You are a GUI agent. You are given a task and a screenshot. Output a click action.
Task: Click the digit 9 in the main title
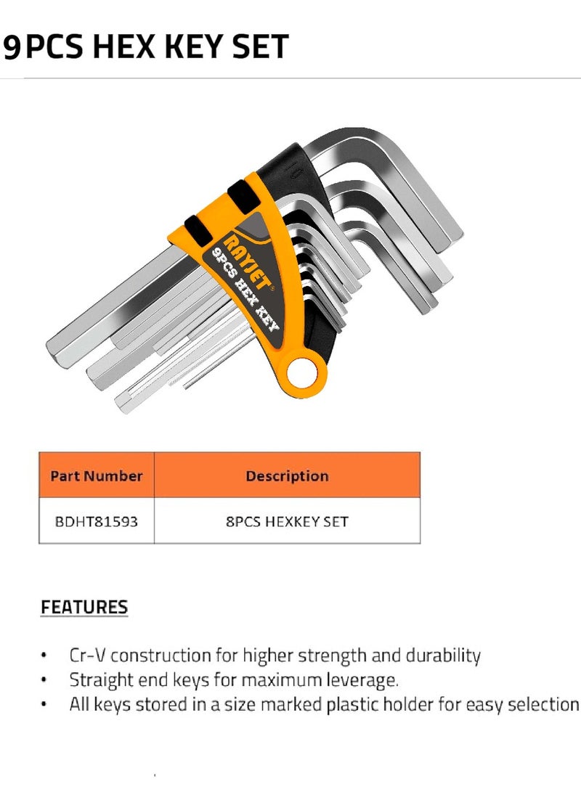[x=12, y=47]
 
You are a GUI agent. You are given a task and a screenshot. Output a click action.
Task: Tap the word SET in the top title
[x=259, y=47]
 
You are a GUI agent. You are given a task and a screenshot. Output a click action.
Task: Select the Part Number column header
[x=96, y=476]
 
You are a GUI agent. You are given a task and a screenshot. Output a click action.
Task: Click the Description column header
[x=287, y=476]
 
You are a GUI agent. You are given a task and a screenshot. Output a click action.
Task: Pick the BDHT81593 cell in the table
[x=96, y=521]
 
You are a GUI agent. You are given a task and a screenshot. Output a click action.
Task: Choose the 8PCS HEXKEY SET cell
[x=287, y=521]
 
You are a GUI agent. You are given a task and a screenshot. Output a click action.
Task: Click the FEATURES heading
[x=84, y=607]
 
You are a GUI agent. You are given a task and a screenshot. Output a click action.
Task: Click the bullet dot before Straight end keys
[x=45, y=681]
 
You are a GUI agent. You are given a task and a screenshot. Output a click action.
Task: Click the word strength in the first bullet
[x=325, y=656]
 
